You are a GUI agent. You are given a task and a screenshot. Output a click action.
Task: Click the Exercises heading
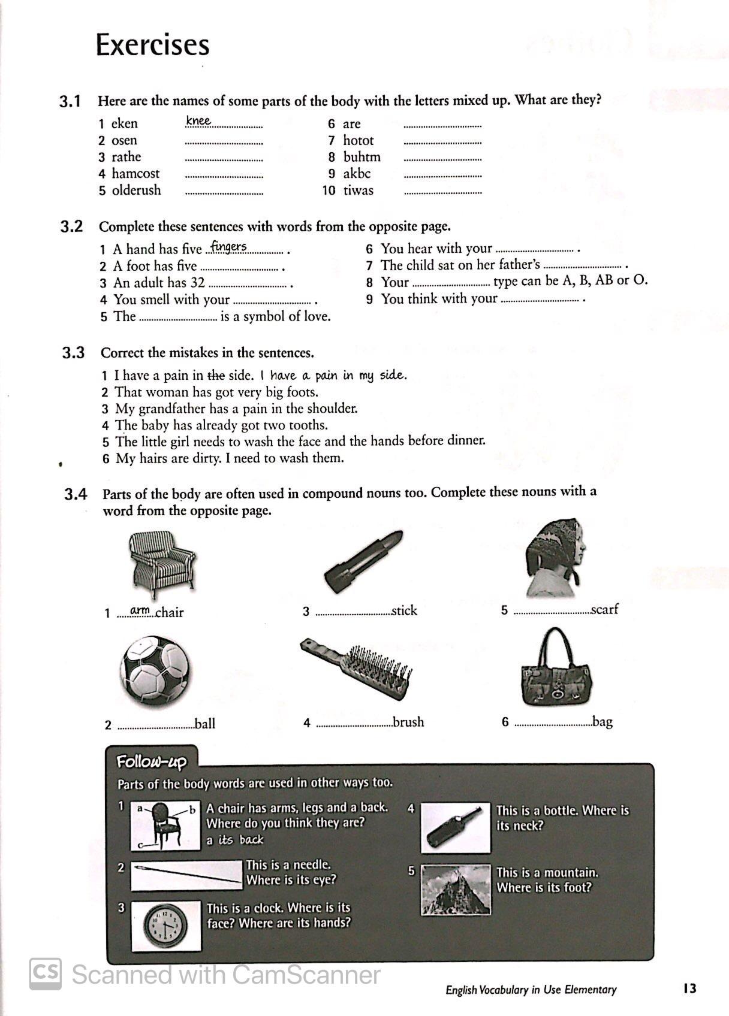click(x=152, y=45)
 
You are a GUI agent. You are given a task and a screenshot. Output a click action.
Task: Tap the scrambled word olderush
click(x=136, y=190)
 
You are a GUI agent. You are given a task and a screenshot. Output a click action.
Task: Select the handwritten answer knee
click(x=198, y=121)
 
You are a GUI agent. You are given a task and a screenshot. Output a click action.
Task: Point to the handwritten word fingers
click(x=228, y=246)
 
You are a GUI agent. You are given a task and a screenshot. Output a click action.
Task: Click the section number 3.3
click(x=73, y=353)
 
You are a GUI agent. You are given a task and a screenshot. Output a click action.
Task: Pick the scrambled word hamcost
click(x=135, y=174)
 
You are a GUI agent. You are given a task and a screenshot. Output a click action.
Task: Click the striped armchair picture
click(x=162, y=564)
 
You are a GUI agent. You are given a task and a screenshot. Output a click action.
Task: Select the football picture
click(x=155, y=671)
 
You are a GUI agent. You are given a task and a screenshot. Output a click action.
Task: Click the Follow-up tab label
click(x=151, y=762)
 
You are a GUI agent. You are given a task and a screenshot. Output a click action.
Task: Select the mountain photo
click(x=456, y=890)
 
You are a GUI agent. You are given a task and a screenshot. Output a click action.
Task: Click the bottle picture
click(x=456, y=827)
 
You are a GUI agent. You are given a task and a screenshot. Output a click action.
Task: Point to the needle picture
click(x=186, y=875)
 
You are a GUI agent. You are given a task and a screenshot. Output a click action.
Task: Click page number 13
click(x=689, y=988)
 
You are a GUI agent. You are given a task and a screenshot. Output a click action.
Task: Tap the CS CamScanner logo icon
click(x=46, y=974)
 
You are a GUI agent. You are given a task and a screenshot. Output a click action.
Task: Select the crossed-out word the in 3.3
click(x=216, y=376)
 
